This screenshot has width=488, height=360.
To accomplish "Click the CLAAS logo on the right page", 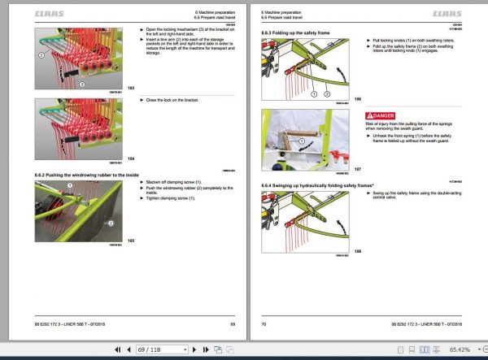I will tap(447, 14).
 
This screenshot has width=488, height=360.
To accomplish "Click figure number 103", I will tap(131, 87).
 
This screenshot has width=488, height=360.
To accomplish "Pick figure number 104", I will tap(131, 158).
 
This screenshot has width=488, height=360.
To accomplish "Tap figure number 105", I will tap(131, 241).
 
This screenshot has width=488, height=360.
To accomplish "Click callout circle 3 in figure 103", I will tap(81, 83).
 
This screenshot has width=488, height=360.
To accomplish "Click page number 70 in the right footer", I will tap(264, 324).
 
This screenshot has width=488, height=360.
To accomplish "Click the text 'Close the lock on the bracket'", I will tap(172, 99).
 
